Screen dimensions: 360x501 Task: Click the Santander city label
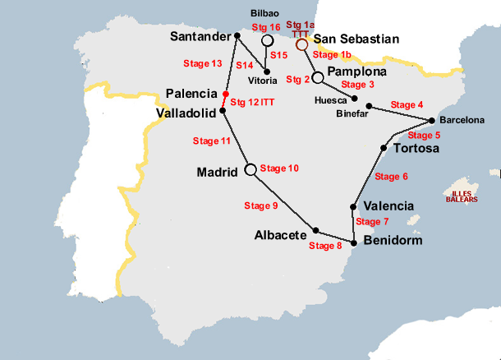tap(200, 36)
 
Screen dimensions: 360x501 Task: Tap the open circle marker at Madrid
tap(251, 170)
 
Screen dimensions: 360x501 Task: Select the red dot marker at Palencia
tap(225, 95)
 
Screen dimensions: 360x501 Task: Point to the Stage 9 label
tap(261, 205)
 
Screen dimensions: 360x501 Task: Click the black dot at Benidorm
tap(354, 242)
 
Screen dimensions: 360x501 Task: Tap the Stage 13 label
tap(205, 63)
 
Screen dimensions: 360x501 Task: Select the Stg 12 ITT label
tap(252, 102)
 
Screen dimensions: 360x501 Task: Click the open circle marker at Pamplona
tap(318, 77)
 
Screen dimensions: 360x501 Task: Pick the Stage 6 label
tap(391, 177)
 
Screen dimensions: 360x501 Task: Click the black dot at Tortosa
tap(384, 148)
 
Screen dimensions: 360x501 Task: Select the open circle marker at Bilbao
tap(267, 40)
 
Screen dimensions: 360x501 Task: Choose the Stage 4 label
tap(407, 104)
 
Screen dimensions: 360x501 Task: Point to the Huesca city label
tap(330, 100)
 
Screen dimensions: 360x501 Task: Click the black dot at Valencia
tap(353, 207)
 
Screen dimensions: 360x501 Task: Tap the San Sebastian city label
tap(357, 39)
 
